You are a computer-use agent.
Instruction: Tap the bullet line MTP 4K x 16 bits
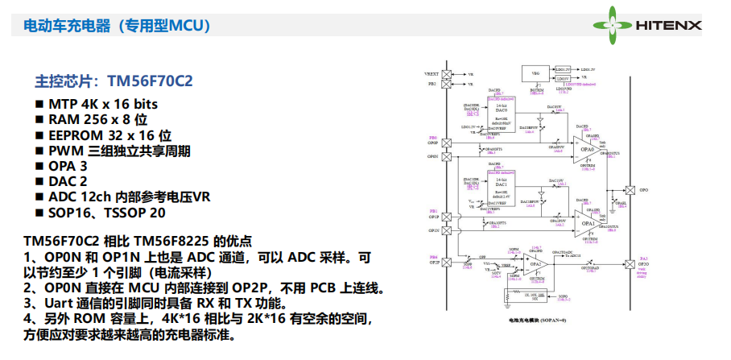(x=102, y=105)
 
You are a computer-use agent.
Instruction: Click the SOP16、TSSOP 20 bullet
(x=106, y=213)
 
